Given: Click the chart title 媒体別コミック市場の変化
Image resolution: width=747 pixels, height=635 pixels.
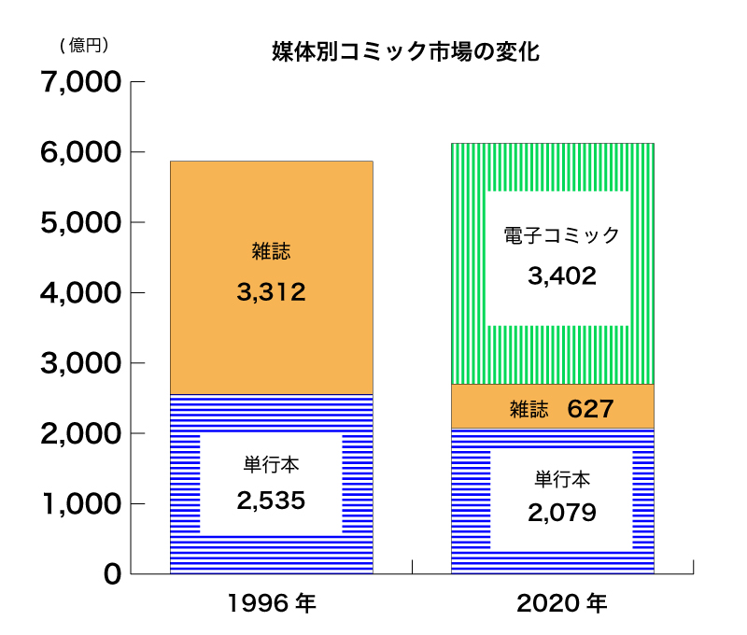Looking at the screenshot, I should coord(405,51).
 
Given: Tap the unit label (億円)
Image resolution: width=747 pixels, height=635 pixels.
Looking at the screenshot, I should coord(84,44).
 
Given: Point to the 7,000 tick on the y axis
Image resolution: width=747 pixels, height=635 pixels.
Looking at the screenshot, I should coord(82,82).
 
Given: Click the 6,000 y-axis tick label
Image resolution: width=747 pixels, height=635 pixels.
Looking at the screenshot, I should coord(82,152).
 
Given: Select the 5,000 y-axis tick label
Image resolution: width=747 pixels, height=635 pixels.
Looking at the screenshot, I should coord(82,222).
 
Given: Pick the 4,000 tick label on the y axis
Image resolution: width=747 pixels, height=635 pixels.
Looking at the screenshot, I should coord(82,293).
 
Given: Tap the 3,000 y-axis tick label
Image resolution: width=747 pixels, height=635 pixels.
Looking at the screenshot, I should coord(82,363).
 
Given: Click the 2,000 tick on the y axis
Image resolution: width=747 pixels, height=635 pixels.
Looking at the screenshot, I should coord(82,433).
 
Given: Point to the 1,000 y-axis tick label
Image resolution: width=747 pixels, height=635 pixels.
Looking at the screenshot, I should coord(82,504).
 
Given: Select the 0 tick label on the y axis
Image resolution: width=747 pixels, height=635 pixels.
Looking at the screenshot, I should coord(112,574).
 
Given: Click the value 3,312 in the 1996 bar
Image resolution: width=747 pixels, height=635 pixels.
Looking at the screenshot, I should coord(271,293).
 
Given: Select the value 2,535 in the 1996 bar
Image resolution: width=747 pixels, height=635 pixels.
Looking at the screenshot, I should coord(271,501).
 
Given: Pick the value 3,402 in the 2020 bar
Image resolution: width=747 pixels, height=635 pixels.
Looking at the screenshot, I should coord(561,276).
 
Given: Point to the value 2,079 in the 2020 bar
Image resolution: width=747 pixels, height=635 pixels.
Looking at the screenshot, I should coord(561,512).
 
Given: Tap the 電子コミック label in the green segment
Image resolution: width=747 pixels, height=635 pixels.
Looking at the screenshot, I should coord(561,235).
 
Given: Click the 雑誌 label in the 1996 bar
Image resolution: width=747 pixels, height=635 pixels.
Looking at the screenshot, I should coord(271,251).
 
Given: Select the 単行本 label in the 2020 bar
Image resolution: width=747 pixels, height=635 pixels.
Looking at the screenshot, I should coord(561,479).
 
